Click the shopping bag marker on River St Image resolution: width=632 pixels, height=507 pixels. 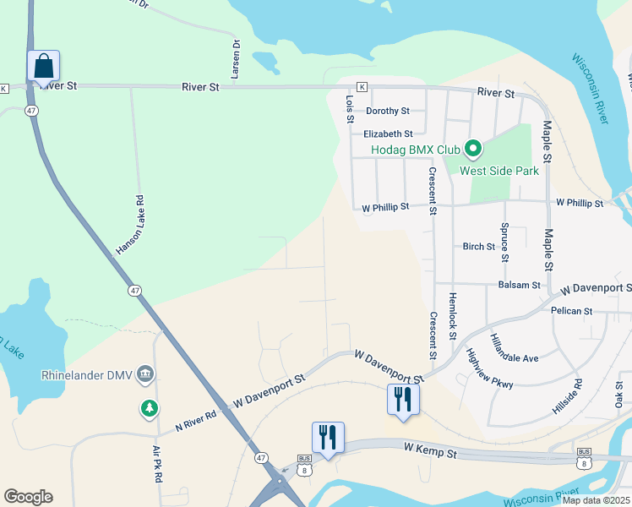click(44, 66)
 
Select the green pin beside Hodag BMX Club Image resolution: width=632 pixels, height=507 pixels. click(473, 150)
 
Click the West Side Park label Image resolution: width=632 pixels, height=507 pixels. click(499, 170)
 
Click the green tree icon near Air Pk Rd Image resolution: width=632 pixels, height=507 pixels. click(150, 409)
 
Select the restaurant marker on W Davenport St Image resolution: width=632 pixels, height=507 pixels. click(402, 399)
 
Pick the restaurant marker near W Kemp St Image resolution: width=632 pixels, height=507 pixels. click(327, 437)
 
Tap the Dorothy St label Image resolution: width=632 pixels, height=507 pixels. click(387, 111)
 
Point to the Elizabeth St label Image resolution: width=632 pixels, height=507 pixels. click(387, 134)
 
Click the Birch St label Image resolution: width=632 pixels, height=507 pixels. click(478, 247)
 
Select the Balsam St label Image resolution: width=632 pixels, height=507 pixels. click(519, 286)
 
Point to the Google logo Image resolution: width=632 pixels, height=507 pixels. click(29, 497)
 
